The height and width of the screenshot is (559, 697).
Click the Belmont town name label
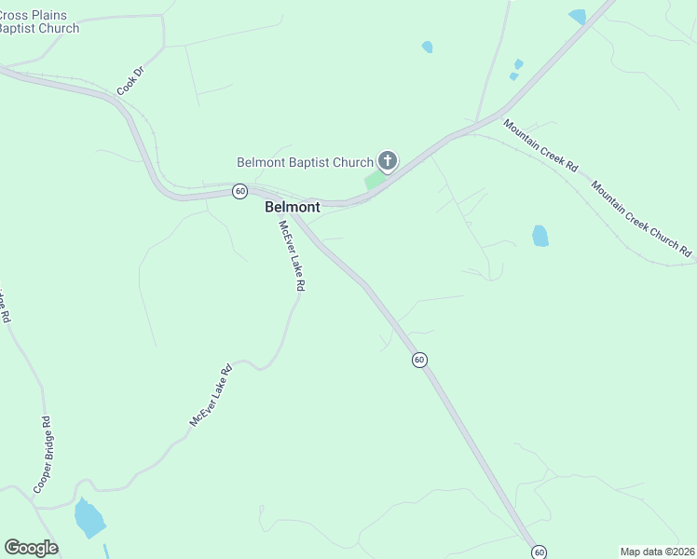[292, 207]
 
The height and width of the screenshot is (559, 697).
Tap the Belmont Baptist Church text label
[305, 162]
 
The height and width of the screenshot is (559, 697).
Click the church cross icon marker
[388, 161]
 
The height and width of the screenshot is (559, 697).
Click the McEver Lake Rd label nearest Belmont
[290, 256]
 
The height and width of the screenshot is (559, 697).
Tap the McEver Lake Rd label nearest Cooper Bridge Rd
[211, 396]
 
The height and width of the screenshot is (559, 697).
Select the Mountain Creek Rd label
[540, 145]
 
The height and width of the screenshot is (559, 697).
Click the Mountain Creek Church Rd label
[642, 220]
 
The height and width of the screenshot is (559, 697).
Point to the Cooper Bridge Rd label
[43, 455]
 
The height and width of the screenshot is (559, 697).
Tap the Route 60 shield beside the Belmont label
[240, 191]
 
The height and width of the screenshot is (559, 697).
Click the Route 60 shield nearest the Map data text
[539, 552]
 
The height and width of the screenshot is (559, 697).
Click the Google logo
[31, 548]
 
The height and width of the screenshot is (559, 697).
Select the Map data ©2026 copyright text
[657, 552]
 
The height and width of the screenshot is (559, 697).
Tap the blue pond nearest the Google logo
[89, 518]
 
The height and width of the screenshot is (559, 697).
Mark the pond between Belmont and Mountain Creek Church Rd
[540, 235]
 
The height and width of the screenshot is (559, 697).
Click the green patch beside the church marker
[374, 180]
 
